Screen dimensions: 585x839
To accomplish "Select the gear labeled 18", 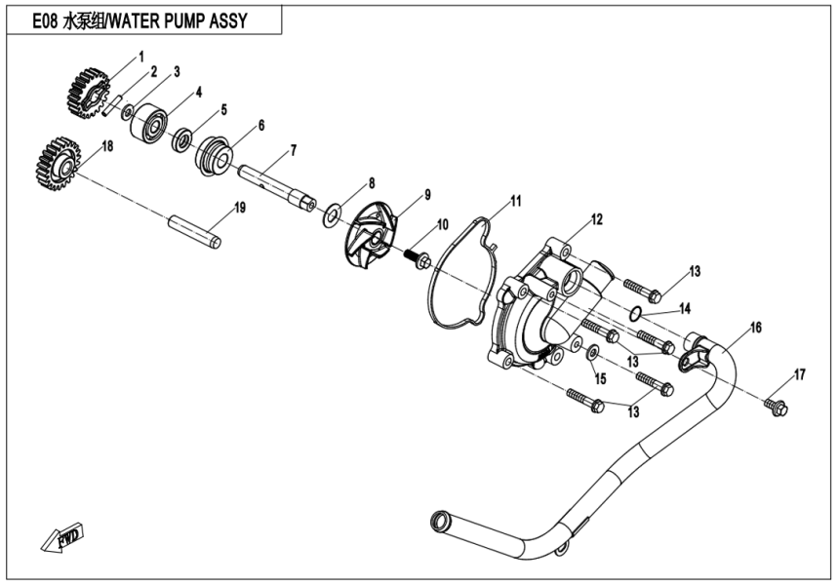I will click(x=60, y=162).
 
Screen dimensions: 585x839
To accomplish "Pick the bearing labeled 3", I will click(x=149, y=120).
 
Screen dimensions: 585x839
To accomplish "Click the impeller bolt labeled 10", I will click(x=420, y=260).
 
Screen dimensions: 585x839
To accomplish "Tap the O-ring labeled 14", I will click(x=635, y=313).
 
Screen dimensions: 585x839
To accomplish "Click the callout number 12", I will click(x=595, y=219).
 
